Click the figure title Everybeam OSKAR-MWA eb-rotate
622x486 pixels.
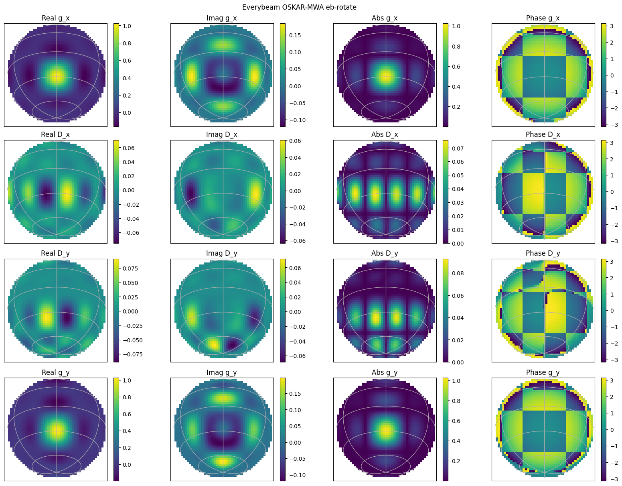299,7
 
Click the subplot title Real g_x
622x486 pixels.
55,18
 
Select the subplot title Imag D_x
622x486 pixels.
221,134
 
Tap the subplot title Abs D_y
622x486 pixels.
385,253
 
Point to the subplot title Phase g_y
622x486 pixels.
543,372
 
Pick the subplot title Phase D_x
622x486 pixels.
543,134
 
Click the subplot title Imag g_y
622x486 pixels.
221,372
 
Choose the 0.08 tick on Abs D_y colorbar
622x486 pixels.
456,273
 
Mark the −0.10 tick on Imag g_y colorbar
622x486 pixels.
296,475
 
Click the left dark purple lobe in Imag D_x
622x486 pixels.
190,192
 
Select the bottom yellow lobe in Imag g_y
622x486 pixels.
223,462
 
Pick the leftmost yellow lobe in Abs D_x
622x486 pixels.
355,193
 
